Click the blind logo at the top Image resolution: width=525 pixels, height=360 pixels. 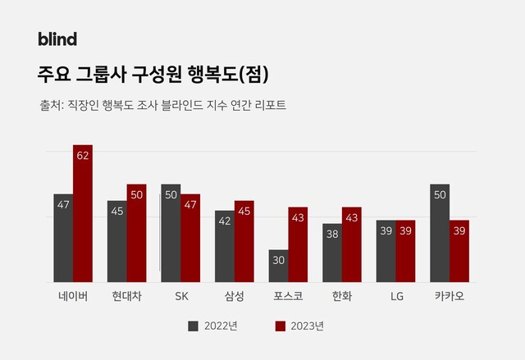tap(57, 39)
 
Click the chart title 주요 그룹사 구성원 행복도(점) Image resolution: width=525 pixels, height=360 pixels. tap(153, 74)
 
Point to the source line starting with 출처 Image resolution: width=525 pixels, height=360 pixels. tap(162, 106)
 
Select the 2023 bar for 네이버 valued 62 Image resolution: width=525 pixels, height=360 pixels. tap(83, 213)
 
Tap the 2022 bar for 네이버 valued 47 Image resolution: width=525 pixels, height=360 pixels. tap(63, 238)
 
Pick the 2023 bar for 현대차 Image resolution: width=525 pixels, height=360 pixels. tap(136, 233)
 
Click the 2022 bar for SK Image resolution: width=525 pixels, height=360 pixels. tap(171, 233)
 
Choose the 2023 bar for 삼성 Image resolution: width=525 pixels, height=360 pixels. tap(244, 241)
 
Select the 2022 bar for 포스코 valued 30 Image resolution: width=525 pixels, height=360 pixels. tap(278, 266)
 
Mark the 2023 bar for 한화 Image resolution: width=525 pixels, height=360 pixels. tap(351, 244)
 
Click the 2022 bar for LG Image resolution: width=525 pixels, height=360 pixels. tap(386, 251)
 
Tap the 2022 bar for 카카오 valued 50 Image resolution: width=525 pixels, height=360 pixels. tap(440, 233)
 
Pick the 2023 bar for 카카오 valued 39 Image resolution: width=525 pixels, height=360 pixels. tap(459, 251)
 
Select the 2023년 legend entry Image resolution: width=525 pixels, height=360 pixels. tap(299, 326)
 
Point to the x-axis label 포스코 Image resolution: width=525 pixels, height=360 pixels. tap(288, 296)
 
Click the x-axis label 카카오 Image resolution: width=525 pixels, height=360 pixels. tap(450, 296)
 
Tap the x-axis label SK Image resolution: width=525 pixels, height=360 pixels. tap(180, 296)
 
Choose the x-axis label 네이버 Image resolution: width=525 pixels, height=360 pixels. tap(73, 296)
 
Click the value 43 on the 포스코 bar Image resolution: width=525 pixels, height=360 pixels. tap(298, 217)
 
